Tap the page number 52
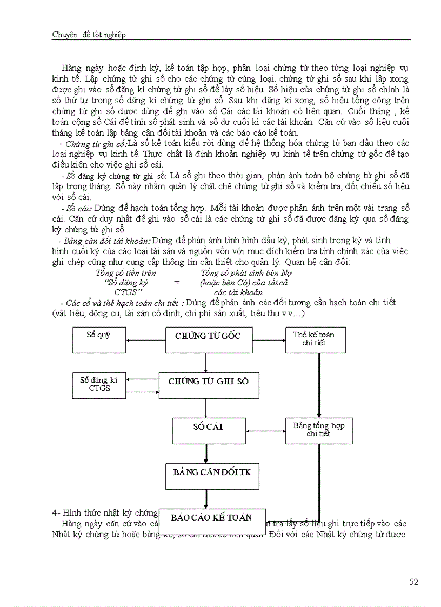pyautogui.click(x=414, y=582)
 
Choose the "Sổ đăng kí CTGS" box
pyautogui.click(x=99, y=384)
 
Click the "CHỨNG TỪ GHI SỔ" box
pyautogui.click(x=208, y=385)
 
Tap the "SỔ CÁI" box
pyautogui.click(x=209, y=430)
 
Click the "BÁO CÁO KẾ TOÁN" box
pyautogui.click(x=212, y=521)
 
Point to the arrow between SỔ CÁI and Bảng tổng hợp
pyautogui.click(x=265, y=431)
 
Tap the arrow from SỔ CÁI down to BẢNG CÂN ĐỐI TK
pyautogui.click(x=206, y=453)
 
